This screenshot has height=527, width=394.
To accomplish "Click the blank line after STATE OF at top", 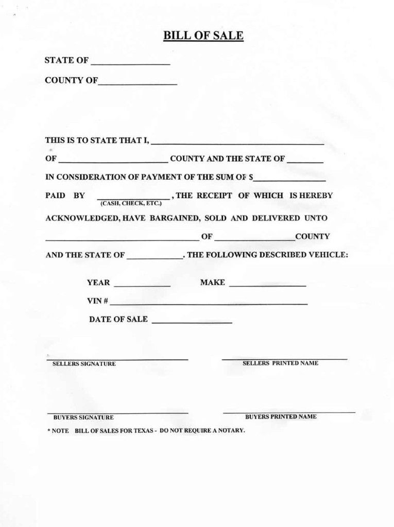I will click(x=130, y=63).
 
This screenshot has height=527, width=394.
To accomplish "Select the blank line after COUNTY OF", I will click(x=138, y=82).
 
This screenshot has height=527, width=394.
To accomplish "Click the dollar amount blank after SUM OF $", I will click(x=290, y=180).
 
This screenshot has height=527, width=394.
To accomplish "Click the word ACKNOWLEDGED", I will click(x=82, y=218).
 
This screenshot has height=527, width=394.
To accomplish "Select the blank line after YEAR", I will click(x=142, y=285).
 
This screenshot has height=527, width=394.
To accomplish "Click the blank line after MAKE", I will click(x=267, y=285).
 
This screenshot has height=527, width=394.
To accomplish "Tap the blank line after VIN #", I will click(x=209, y=304).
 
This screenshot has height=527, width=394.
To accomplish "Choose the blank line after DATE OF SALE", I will click(x=192, y=322).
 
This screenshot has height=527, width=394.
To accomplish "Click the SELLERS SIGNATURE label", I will click(x=84, y=364).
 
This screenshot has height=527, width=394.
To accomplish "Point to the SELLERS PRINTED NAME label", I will click(x=280, y=363).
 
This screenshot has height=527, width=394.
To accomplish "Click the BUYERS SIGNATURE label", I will click(x=83, y=417).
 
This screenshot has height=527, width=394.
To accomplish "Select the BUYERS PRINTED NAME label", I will click(x=281, y=416).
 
